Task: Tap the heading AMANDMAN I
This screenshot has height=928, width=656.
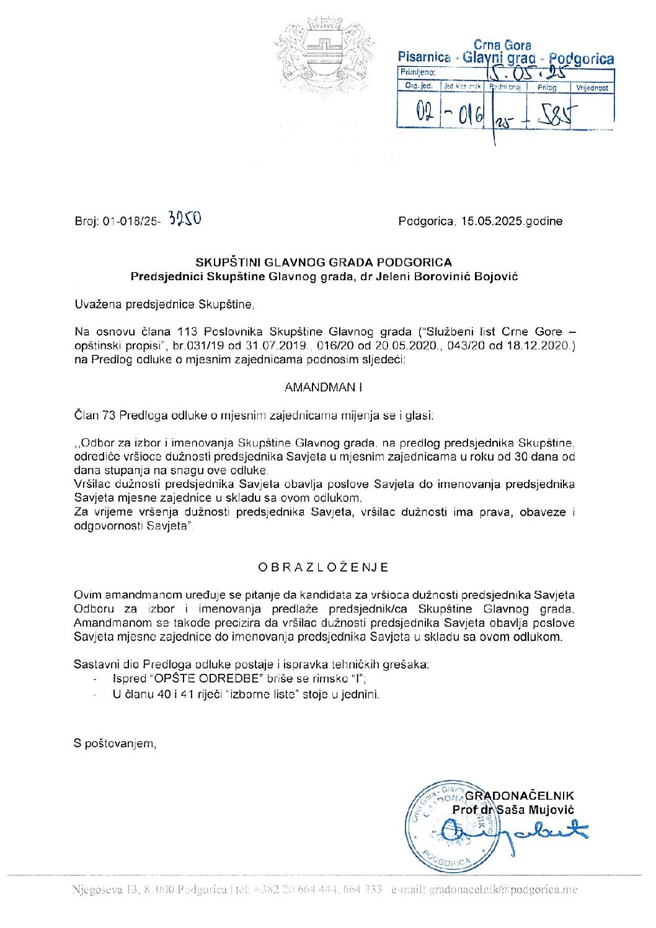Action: point(323,387)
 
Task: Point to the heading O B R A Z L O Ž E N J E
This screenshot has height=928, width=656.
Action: point(323,567)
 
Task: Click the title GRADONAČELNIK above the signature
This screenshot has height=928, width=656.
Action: point(520,796)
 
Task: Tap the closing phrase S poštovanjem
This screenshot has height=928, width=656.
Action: point(115,743)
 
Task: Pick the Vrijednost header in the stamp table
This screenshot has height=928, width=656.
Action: point(592,88)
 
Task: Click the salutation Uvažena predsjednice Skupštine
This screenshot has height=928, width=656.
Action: point(164,304)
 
